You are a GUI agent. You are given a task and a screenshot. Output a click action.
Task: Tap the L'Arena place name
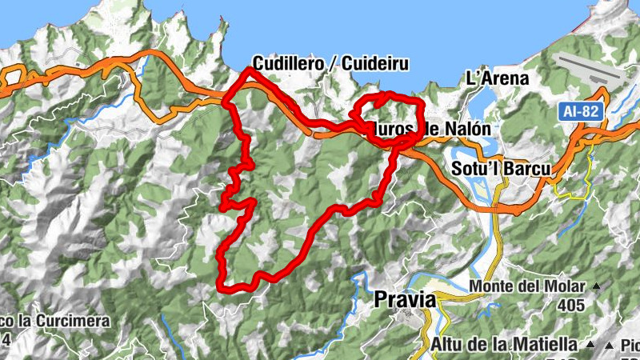pyautogui.click(x=498, y=78)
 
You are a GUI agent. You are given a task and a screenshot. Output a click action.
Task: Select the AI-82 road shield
pyautogui.click(x=580, y=113)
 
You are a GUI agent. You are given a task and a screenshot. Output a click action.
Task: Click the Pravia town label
pyautogui.click(x=406, y=300)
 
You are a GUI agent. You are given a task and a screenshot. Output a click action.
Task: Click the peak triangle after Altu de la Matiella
pyautogui.click(x=590, y=345)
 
